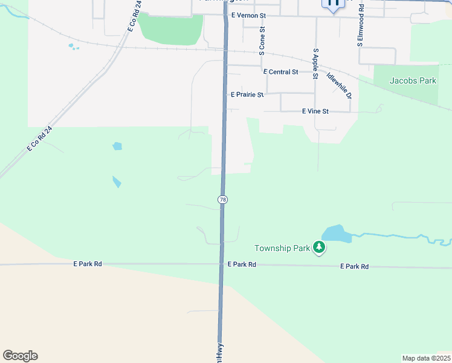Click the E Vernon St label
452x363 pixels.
248,15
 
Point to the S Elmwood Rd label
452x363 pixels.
361,25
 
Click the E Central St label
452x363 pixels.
281,72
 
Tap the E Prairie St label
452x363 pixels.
247,95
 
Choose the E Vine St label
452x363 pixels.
315,111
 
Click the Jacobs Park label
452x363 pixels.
413,80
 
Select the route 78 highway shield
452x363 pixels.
223,200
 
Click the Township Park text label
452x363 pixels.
282,248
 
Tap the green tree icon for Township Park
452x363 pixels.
319,247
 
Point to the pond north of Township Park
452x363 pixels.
335,234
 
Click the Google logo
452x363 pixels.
20,356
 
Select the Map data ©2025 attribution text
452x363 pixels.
425,358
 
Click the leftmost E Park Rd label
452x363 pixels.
88,264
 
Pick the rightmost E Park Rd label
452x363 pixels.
354,266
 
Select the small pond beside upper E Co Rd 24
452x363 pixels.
73,46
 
